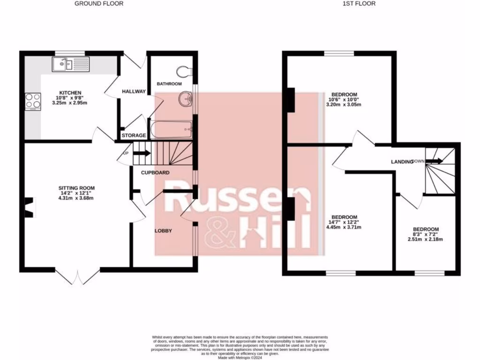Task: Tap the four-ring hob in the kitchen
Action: [x=33, y=101]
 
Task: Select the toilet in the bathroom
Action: [x=184, y=71]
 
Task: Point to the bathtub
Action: [x=171, y=128]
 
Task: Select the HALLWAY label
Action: [x=133, y=91]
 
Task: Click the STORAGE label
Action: [x=134, y=135]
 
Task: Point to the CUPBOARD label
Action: [x=155, y=172]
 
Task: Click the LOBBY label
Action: [x=164, y=231]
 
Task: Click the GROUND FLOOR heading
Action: [x=99, y=4]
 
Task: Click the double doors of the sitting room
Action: [x=77, y=277]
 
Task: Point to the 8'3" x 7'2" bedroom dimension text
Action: [x=426, y=234]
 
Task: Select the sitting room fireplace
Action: [x=29, y=207]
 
